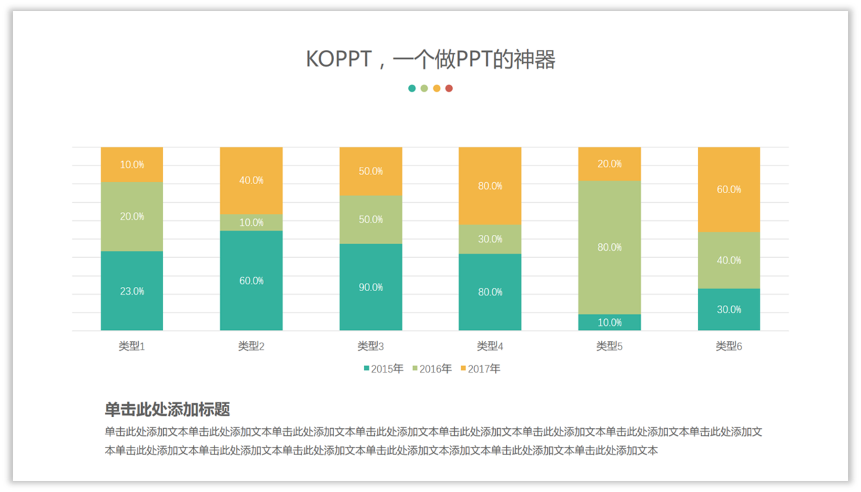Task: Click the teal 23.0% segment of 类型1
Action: click(132, 290)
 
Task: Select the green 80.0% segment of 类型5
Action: click(609, 247)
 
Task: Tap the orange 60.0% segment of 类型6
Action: click(728, 189)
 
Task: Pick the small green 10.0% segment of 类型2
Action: click(251, 222)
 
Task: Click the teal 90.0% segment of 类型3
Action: click(371, 287)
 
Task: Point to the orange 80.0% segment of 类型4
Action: click(490, 186)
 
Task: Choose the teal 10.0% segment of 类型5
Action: click(609, 322)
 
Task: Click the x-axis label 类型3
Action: click(371, 346)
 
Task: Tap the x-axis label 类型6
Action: click(728, 346)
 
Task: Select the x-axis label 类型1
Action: click(132, 346)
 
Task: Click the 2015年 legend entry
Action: click(383, 369)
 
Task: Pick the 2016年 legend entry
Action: click(432, 369)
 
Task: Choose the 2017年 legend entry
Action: click(480, 369)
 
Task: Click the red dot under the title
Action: click(449, 88)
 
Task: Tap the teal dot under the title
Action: click(412, 88)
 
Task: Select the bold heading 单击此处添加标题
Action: click(167, 409)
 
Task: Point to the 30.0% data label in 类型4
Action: click(490, 239)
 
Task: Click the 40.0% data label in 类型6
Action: click(728, 260)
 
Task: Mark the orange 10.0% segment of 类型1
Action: click(132, 165)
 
